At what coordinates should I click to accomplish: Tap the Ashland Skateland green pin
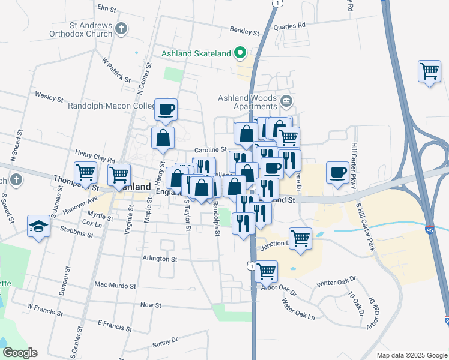coord(241,53)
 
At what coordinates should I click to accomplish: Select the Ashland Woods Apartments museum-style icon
coord(286,100)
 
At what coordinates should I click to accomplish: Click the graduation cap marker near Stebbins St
coord(39,227)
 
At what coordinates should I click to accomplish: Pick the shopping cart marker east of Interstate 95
coord(430,71)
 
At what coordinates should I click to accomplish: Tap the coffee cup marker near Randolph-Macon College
coord(166,110)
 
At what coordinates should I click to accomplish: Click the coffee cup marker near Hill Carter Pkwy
coord(338,173)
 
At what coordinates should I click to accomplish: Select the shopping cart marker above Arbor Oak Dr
coord(266,271)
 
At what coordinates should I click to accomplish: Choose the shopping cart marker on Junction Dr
coord(300,238)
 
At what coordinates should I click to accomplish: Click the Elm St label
coord(106,8)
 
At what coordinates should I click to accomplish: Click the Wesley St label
coord(49,96)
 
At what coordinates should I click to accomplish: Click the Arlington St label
coord(160,259)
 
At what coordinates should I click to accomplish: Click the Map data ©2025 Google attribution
coord(411,355)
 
